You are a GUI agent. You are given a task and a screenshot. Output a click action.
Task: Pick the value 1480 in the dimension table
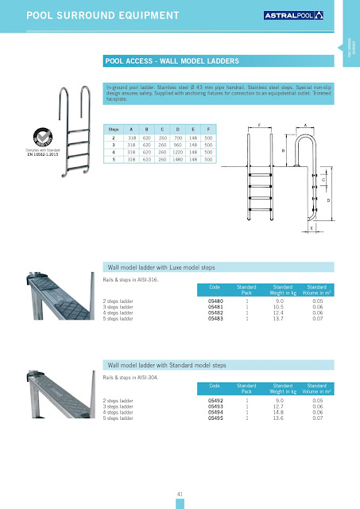tap(190, 159)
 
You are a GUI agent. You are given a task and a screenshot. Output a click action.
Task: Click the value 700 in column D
tap(190, 138)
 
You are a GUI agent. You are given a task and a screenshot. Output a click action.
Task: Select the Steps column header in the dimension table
tap(117, 127)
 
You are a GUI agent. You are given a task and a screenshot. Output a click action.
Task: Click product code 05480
tap(215, 301)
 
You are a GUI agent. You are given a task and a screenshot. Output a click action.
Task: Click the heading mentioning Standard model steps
tap(166, 364)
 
